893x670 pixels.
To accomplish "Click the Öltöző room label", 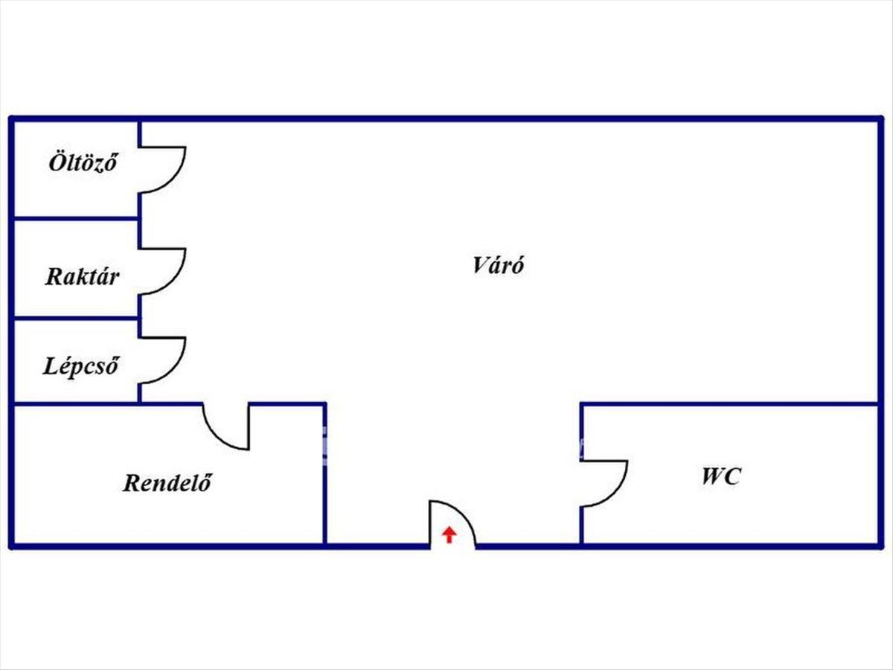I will point(83,163).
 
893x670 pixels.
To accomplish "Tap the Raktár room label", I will point(82,277).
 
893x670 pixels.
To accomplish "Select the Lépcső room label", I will point(80,366).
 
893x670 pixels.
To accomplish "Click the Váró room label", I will point(499,265).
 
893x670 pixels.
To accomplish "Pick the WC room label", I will point(721,476).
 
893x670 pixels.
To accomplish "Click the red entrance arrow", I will point(449,535).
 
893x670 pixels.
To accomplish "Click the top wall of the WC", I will point(729,404).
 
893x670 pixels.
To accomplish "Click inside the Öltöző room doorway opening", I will point(139,170).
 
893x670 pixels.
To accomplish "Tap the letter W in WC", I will point(711,476).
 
